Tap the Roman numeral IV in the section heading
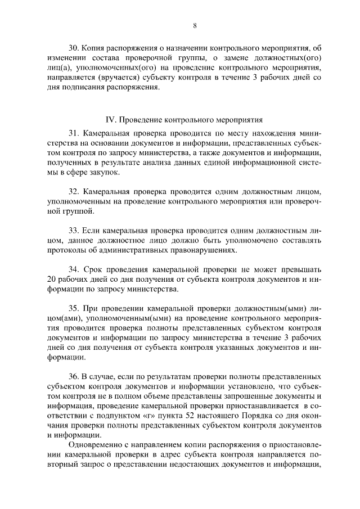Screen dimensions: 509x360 pos(111,120)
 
